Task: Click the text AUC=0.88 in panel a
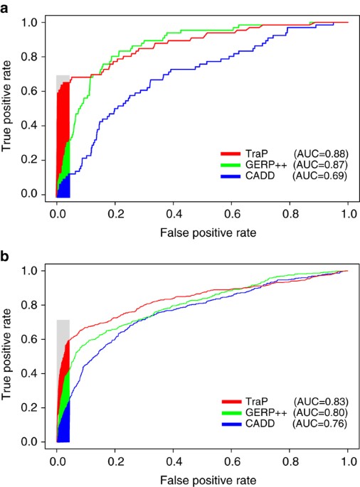tap(319, 154)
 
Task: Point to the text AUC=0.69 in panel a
tap(319, 176)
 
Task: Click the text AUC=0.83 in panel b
tap(319, 403)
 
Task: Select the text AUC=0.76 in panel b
tap(319, 425)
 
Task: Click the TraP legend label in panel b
tap(258, 403)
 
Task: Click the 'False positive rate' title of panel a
tap(201, 232)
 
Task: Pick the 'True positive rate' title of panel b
tap(9, 355)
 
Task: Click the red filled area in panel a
tap(63, 121)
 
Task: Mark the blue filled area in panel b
tap(64, 427)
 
